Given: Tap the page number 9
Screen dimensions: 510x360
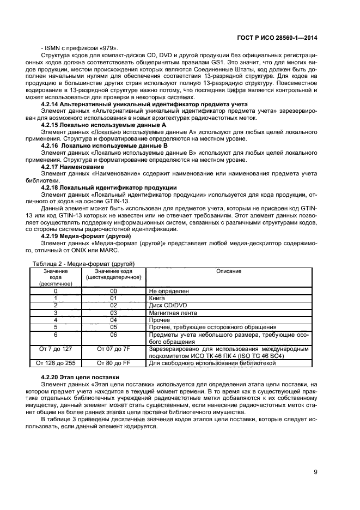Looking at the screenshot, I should [316, 472].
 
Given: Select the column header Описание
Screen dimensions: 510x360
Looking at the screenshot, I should [229, 271].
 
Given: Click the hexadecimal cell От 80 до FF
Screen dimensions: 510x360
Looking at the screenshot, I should [114, 362].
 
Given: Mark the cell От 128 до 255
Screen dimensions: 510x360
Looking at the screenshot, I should [55, 362].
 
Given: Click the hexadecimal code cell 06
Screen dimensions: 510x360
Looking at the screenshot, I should [114, 335].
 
